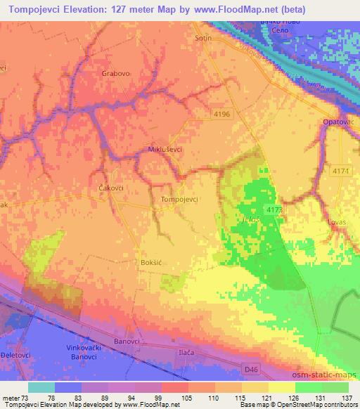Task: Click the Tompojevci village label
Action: click(179, 199)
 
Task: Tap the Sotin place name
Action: click(202, 39)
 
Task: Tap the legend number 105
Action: click(186, 398)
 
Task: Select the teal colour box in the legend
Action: click(41, 387)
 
